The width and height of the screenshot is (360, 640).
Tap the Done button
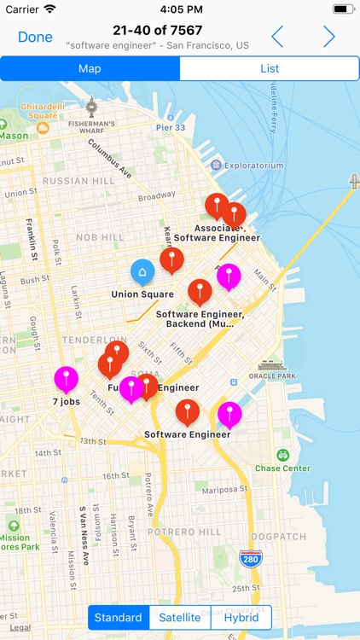(35, 37)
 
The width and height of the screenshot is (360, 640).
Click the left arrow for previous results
(277, 37)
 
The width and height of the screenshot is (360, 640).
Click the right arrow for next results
(328, 37)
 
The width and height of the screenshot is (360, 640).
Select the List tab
(270, 68)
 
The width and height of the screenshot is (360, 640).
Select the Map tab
(90, 68)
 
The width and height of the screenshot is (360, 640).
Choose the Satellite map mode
(180, 618)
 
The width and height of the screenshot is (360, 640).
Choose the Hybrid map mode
(241, 618)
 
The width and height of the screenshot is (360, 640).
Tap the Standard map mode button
(119, 618)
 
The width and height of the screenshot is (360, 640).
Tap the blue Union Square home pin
(142, 273)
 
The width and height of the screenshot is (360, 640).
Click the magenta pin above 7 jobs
(66, 378)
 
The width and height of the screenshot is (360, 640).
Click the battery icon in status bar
(343, 9)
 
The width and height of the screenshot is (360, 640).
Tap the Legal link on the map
(20, 627)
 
